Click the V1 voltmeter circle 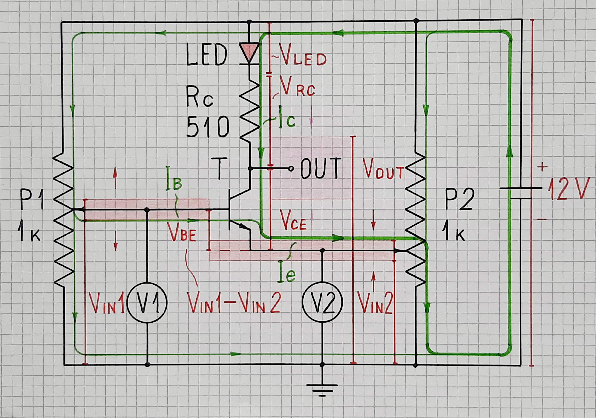(x=147, y=302)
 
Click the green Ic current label (x=287, y=120)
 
